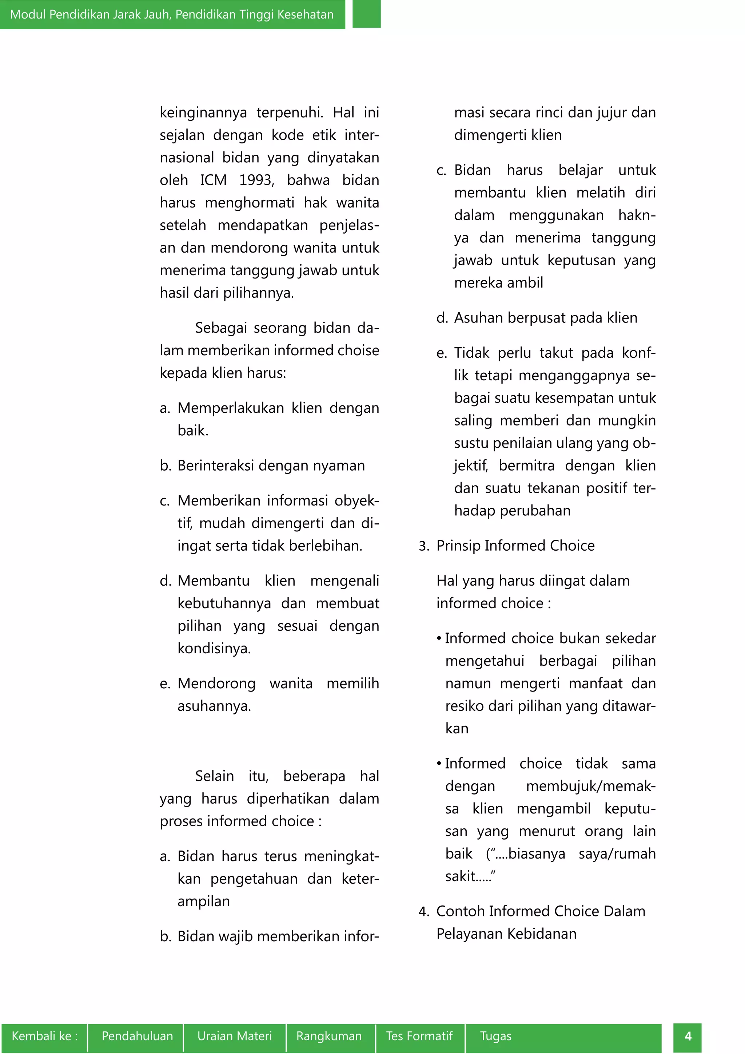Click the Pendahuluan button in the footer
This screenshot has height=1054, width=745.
[137, 1036]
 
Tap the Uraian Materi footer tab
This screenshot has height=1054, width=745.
[234, 1036]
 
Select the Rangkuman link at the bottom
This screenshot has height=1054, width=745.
[329, 1036]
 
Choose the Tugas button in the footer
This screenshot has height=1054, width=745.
[495, 1036]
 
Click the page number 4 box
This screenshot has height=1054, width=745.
[687, 1036]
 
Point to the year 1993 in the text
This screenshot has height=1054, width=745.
[256, 180]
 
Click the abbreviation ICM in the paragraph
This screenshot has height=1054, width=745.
[213, 180]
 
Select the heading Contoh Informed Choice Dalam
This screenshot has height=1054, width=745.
[541, 911]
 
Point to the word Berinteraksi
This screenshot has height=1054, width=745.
[216, 465]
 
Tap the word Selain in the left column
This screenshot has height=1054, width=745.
[214, 776]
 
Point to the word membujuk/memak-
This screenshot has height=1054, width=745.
[590, 786]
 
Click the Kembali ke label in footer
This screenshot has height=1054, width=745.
[44, 1036]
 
